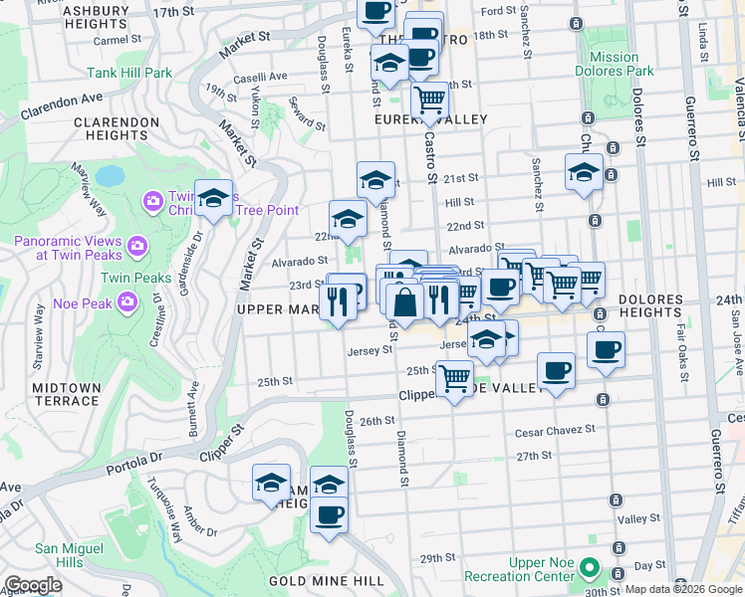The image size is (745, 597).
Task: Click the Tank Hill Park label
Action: (129, 73)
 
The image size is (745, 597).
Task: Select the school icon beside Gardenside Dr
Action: (213, 199)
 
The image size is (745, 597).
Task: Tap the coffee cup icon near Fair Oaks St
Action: (606, 350)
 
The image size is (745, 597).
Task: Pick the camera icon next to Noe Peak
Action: (126, 300)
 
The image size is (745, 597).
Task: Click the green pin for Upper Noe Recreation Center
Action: (589, 569)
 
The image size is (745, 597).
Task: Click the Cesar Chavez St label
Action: (554, 431)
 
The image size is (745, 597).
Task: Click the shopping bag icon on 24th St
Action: (405, 302)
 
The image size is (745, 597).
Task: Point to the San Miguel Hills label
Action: (69, 555)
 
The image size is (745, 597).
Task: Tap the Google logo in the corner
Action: (33, 585)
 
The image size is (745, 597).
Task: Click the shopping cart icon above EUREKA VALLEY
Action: (429, 99)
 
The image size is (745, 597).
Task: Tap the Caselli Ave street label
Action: (261, 77)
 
